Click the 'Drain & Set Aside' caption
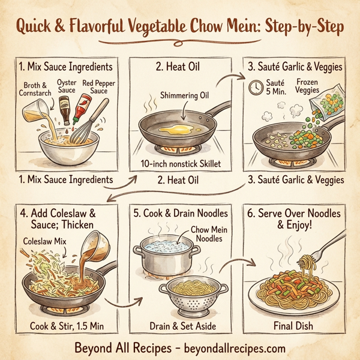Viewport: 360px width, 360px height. click(180, 326)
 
